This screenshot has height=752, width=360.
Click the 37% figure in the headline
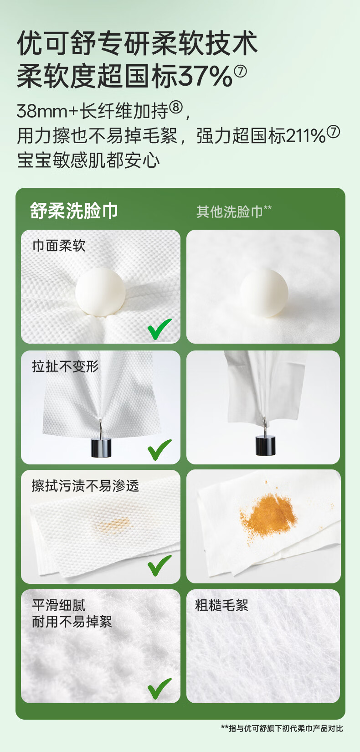(206, 76)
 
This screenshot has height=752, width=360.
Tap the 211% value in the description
(306, 136)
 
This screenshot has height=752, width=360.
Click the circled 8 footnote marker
(176, 108)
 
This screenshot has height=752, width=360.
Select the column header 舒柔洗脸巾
(74, 211)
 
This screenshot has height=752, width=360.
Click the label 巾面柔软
(59, 246)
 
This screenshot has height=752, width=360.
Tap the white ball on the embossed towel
(100, 292)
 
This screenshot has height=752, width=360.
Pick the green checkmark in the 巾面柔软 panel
(159, 329)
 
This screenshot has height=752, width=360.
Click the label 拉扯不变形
(66, 366)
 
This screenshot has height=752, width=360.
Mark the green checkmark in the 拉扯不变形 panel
(159, 450)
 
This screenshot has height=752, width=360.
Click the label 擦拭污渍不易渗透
(85, 486)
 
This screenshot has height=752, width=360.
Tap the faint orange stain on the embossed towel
(113, 524)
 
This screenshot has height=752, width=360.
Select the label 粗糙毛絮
(221, 605)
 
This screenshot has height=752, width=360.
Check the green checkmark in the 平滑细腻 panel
(159, 689)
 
